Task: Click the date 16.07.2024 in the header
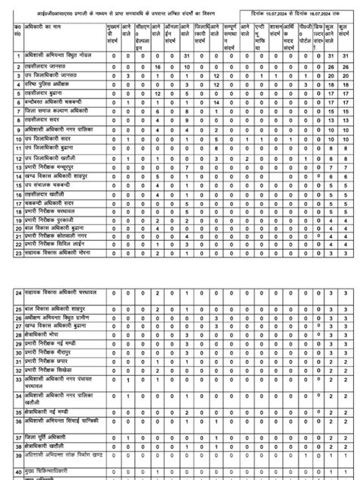(x=327, y=13)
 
